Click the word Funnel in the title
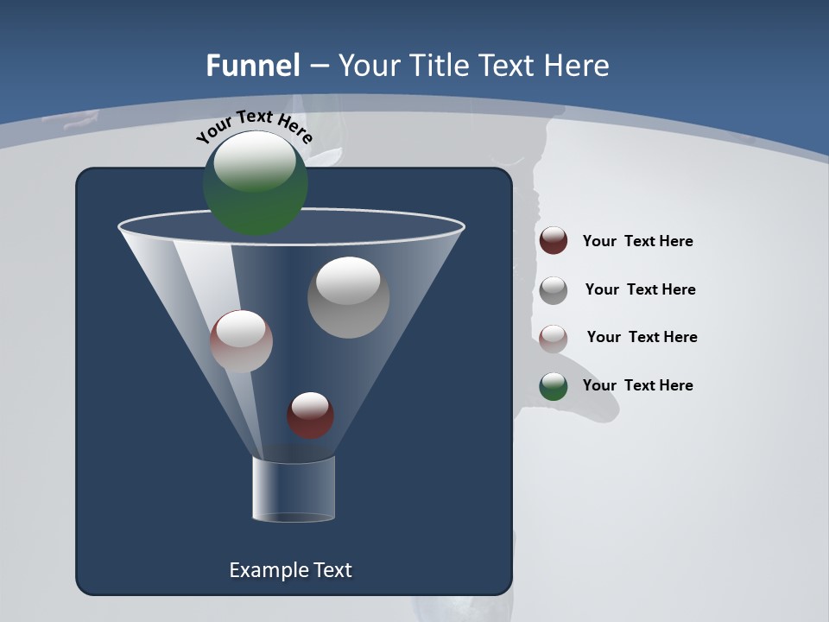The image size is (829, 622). click(253, 65)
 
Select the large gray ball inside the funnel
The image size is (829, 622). click(348, 297)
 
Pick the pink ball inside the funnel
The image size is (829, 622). click(241, 341)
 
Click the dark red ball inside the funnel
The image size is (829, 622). click(310, 416)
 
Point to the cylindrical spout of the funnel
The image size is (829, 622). click(293, 489)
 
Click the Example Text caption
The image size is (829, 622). click(290, 570)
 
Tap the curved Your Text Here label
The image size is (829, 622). click(254, 126)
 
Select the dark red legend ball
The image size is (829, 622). click(553, 241)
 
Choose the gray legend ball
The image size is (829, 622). click(553, 289)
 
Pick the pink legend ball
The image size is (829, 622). click(553, 338)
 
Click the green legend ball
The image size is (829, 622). click(553, 386)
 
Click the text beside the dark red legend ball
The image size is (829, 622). click(637, 241)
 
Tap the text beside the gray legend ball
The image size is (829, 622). click(640, 289)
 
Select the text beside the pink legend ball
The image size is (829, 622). click(642, 337)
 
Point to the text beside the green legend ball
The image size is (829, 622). click(637, 385)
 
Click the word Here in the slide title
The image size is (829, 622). click(578, 65)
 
